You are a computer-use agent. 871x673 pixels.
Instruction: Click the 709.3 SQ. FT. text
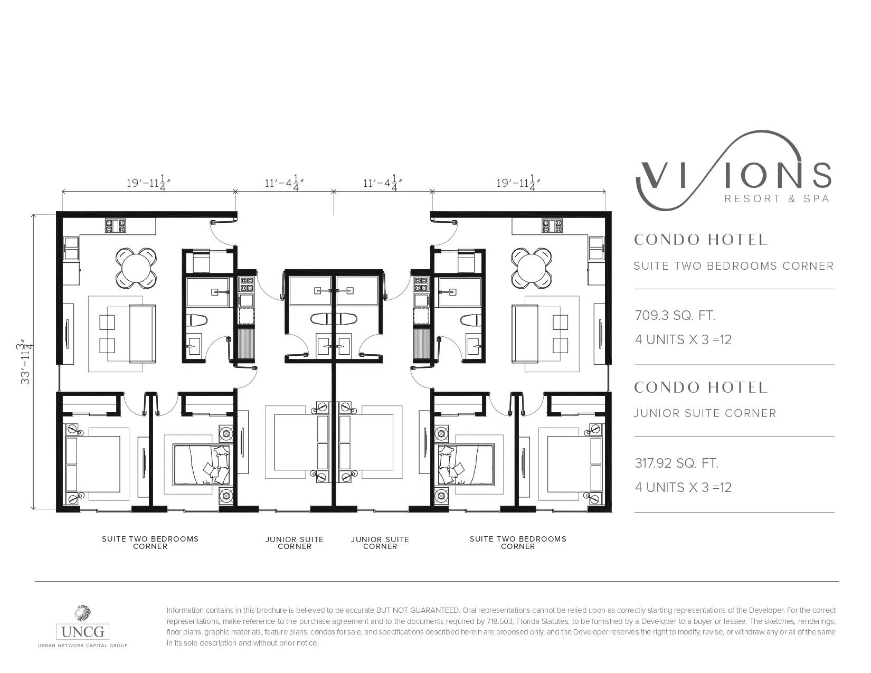tap(675, 316)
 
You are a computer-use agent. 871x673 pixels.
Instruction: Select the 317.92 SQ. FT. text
tap(677, 463)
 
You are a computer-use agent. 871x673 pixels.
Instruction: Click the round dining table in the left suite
tap(136, 268)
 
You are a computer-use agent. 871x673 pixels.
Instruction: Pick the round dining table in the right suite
tap(532, 268)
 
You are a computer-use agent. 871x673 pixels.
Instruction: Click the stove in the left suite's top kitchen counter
tap(116, 226)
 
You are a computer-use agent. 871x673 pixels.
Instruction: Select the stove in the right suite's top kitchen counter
tap(552, 226)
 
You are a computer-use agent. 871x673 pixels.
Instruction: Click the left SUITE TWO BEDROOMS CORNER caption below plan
tap(150, 543)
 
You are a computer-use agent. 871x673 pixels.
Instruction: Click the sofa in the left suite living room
tap(143, 334)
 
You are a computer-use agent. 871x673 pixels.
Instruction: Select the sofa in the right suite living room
tap(525, 334)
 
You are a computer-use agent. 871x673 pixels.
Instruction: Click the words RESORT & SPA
tap(777, 199)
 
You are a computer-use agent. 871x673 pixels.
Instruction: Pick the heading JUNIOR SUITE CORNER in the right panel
tap(705, 413)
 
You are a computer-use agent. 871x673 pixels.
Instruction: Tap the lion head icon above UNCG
tap(82, 613)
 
